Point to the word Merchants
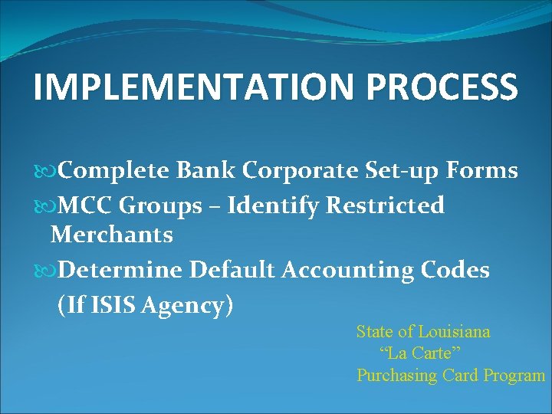[111, 235]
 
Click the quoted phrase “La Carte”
[420, 353]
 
